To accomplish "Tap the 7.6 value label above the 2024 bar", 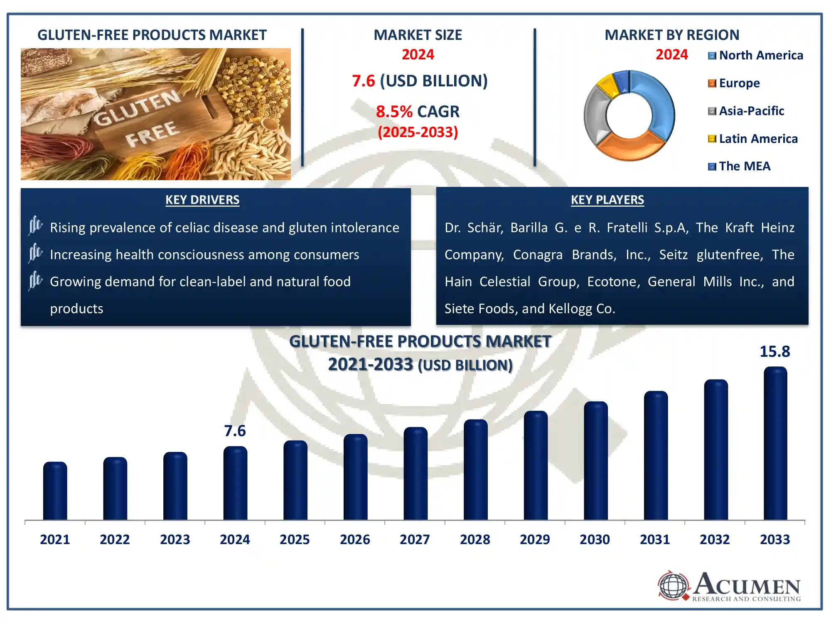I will tap(235, 431).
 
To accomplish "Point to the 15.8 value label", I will tap(775, 352).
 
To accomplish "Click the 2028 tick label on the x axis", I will tap(475, 540).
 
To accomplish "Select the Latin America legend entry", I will tap(753, 139).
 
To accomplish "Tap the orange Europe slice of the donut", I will tap(627, 148).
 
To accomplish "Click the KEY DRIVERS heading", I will tap(202, 200).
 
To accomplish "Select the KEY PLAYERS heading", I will tap(607, 200).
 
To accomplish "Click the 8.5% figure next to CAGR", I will tap(394, 112).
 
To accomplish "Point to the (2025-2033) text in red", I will tap(418, 132).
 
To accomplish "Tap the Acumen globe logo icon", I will tap(673, 586).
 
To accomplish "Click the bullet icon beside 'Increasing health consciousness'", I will tap(36, 253).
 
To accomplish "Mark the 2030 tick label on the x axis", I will tap(595, 540).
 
